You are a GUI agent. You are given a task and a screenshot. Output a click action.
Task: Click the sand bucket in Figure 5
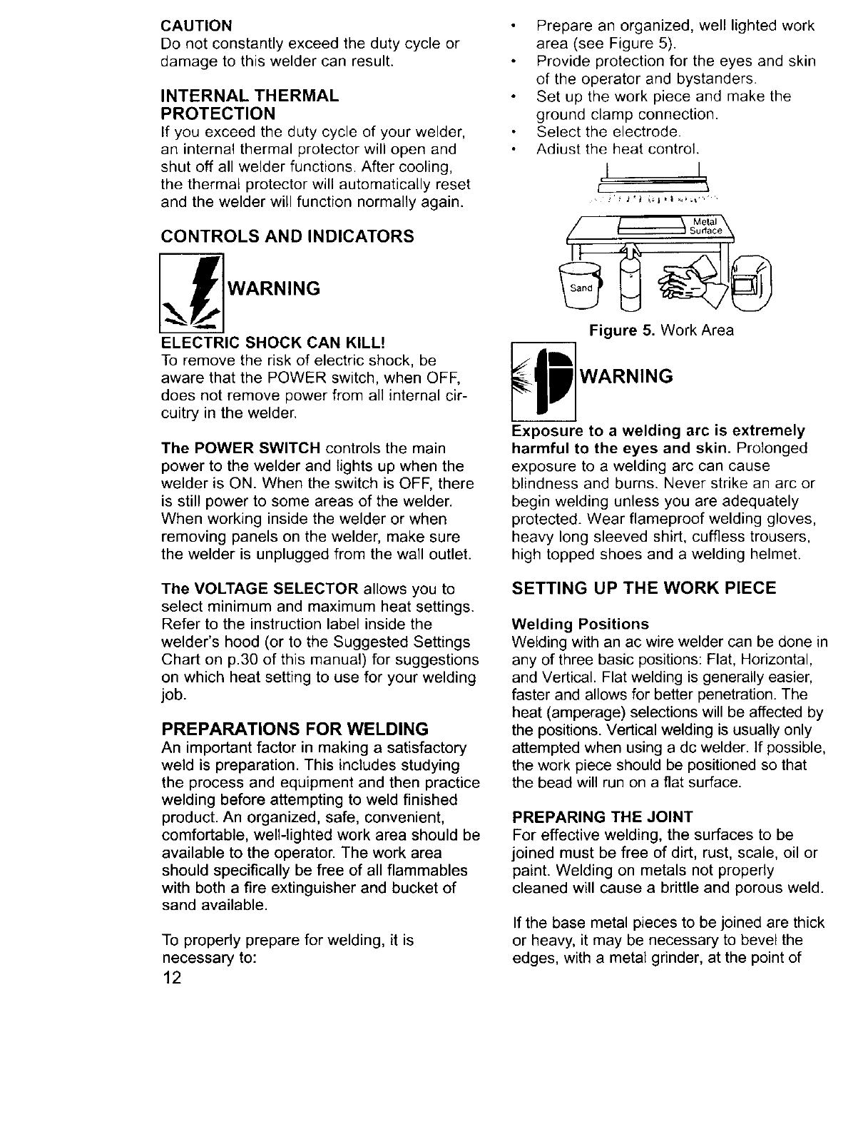(x=581, y=287)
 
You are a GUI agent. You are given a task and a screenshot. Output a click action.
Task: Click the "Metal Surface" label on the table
(x=707, y=226)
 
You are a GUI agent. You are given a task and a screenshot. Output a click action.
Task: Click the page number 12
(x=173, y=977)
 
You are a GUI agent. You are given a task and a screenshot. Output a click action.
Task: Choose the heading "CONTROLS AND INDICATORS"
(x=287, y=236)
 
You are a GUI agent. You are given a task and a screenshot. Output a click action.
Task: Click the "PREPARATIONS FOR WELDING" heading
(x=295, y=729)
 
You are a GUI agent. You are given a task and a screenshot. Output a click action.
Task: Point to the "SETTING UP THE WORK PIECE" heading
(x=644, y=588)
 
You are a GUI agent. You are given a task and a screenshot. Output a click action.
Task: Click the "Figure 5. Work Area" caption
(x=660, y=330)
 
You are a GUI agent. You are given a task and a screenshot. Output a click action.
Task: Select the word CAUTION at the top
(x=197, y=26)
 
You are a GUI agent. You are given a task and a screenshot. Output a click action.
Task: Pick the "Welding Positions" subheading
(x=581, y=623)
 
